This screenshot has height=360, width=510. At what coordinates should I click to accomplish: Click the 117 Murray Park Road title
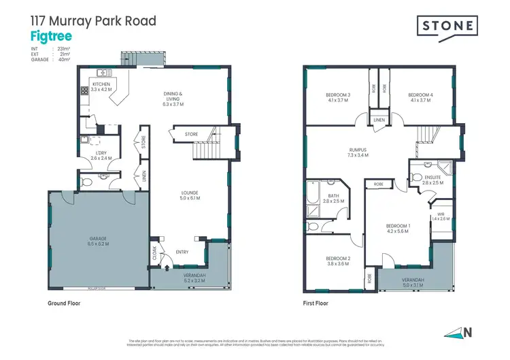tap(93, 20)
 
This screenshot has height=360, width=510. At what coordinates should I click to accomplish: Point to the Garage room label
tap(99, 241)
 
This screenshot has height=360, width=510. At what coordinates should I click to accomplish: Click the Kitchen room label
tap(101, 86)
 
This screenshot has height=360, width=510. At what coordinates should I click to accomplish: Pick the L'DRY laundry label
tap(101, 156)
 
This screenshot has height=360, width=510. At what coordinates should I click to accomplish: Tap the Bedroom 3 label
tap(338, 97)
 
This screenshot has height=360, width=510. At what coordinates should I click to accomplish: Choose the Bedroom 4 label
tap(420, 97)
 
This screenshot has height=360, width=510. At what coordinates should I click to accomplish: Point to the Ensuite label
tap(432, 180)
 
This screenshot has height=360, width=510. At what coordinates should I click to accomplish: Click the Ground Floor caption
tap(64, 303)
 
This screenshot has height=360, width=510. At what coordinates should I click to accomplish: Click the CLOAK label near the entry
tap(154, 252)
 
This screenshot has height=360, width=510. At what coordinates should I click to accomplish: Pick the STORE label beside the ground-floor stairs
tap(191, 135)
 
